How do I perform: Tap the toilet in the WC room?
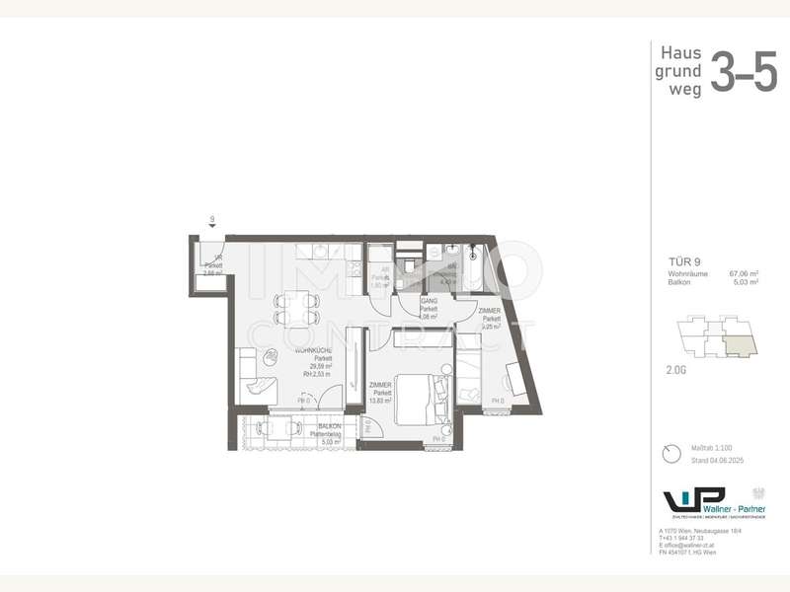coord(407,264)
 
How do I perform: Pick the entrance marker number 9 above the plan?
coord(211,220)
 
